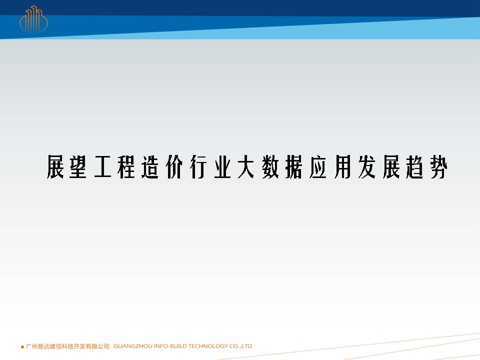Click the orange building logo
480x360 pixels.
point(33,19)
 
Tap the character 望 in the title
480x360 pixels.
point(78,167)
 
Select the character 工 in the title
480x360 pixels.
point(102,167)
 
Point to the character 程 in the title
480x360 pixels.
point(126,167)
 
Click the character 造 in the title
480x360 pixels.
point(150,167)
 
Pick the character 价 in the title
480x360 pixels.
point(174,167)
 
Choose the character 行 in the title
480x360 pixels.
point(198,167)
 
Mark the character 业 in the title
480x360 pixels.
point(222,167)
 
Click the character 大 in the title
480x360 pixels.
point(246,167)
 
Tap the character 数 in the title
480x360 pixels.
point(270,167)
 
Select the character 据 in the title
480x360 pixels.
point(294,167)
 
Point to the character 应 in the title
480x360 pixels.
point(318,167)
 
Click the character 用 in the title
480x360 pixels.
point(342,167)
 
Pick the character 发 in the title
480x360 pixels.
point(366,167)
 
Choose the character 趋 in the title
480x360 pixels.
point(415,167)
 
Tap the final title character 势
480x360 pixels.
point(438,167)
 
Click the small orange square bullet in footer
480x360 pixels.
point(22,347)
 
